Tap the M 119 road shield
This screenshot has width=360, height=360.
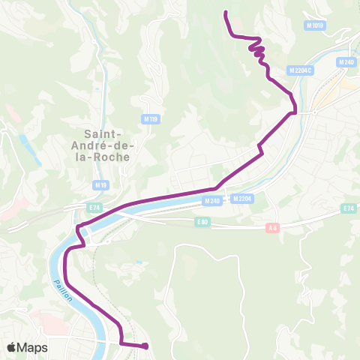pyautogui.click(x=148, y=118)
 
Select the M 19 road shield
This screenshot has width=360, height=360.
pyautogui.click(x=101, y=184)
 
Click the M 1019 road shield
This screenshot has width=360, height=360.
pyautogui.click(x=316, y=25)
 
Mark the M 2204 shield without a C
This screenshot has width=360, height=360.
pyautogui.click(x=241, y=199)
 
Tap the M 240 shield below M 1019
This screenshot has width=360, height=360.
pyautogui.click(x=346, y=62)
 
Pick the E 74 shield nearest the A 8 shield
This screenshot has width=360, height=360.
pyautogui.click(x=348, y=208)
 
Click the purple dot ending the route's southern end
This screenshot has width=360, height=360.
pyautogui.click(x=144, y=346)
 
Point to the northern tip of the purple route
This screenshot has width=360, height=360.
pyautogui.click(x=226, y=11)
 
